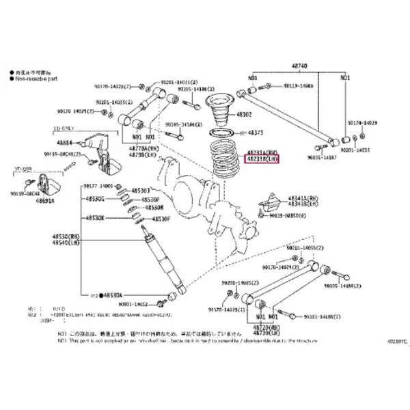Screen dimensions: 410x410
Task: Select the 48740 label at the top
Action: [301, 64]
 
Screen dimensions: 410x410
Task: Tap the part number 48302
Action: [244, 114]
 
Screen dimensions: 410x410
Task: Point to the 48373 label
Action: [256, 133]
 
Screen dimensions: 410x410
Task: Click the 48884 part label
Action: [65, 143]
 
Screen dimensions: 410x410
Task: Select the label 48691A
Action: [47, 202]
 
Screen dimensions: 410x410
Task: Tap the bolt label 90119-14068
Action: [298, 86]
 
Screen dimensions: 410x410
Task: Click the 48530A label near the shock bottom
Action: [113, 295]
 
